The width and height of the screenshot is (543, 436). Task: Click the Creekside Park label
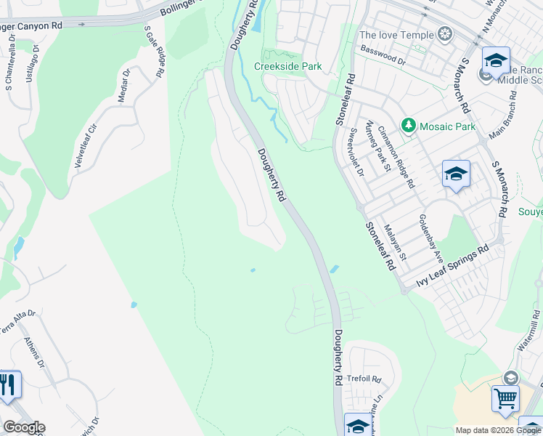pyautogui.click(x=287, y=66)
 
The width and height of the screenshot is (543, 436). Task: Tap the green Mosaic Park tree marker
pyautogui.click(x=409, y=126)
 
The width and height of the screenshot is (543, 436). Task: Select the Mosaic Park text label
pyautogui.click(x=446, y=126)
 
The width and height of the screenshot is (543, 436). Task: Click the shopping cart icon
pyautogui.click(x=505, y=398)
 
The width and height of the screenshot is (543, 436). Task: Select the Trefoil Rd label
pyautogui.click(x=364, y=379)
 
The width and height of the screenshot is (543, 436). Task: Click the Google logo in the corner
pyautogui.click(x=23, y=427)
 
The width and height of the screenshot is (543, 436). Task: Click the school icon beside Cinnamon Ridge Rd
pyautogui.click(x=456, y=173)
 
